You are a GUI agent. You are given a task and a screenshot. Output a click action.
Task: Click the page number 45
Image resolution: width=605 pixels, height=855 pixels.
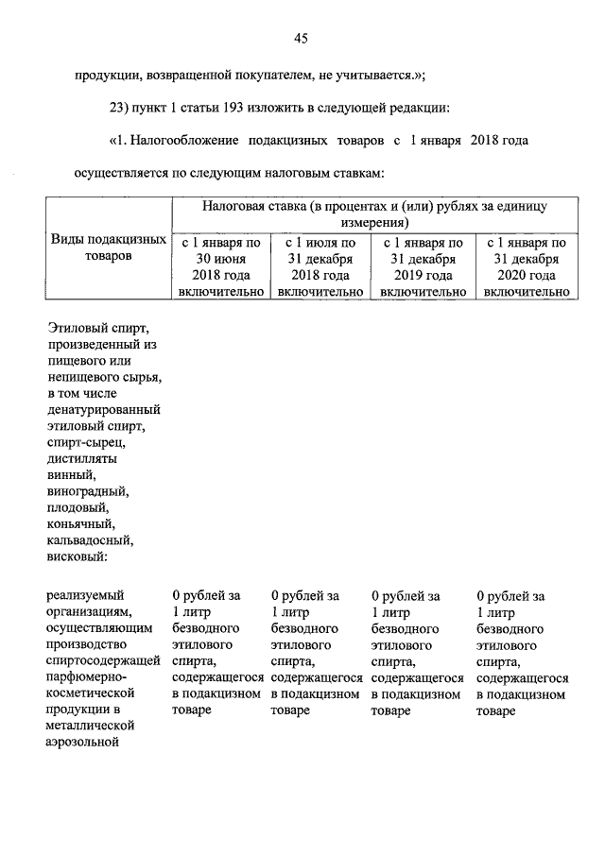(302, 39)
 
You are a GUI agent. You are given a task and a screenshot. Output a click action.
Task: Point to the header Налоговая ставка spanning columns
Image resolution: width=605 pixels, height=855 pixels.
(375, 214)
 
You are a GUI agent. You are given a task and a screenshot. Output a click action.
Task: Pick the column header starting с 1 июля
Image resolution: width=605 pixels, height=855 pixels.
(321, 243)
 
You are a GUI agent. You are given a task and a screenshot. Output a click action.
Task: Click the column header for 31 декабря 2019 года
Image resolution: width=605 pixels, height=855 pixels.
(423, 266)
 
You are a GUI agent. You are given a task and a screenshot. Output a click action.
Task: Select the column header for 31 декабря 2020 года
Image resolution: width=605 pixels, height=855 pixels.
(528, 266)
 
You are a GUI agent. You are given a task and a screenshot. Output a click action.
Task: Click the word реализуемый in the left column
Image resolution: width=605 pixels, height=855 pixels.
(85, 595)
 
